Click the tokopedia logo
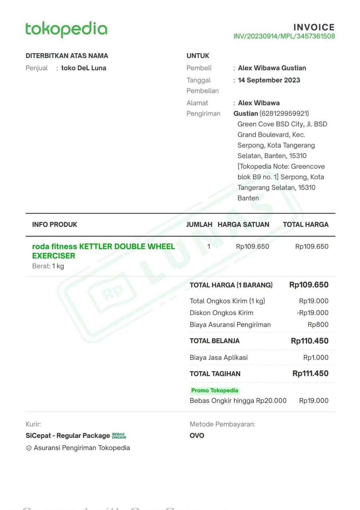[66, 29]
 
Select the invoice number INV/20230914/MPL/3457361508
[284, 36]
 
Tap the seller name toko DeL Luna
[84, 68]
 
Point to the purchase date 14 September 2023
[269, 80]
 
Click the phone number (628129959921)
[284, 114]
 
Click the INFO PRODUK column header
[54, 225]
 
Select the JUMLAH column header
[199, 225]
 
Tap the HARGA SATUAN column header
[243, 225]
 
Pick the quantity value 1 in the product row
[209, 246]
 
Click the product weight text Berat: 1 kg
[48, 266]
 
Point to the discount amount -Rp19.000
[313, 313]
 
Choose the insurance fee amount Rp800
[318, 325]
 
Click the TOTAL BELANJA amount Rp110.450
[310, 341]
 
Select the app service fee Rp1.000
[316, 357]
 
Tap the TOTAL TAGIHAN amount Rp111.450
[310, 374]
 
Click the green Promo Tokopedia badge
[214, 390]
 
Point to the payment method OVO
[197, 435]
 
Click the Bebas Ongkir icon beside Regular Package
[119, 436]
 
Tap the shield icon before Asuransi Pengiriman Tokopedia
[29, 448]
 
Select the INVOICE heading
[314, 27]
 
